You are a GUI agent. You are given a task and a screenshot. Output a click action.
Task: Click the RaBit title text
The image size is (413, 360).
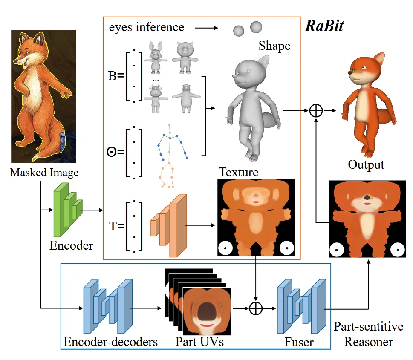click(324, 26)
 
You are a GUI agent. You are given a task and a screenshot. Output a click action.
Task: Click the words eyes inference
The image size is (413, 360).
click(146, 28)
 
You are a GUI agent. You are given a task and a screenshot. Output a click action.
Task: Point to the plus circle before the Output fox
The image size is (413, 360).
click(316, 111)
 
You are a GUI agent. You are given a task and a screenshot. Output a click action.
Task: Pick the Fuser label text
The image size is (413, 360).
click(299, 342)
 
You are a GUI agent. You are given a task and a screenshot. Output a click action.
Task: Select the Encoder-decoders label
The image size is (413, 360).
click(110, 342)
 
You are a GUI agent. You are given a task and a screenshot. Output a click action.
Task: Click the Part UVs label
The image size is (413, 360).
click(199, 342)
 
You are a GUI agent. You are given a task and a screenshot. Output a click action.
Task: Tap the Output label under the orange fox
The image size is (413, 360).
click(366, 164)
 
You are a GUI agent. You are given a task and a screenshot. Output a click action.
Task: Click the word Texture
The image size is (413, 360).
click(239, 172)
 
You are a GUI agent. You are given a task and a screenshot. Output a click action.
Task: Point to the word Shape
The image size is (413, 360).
click(274, 46)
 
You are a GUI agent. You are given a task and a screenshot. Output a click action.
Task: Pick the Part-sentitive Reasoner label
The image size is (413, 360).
click(368, 334)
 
